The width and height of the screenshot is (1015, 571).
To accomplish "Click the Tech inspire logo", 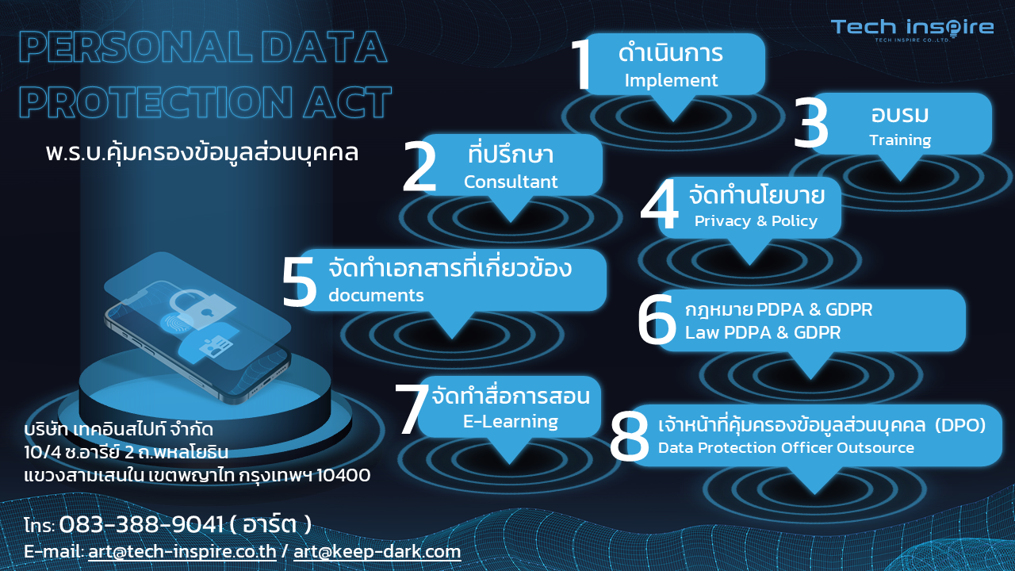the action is pyautogui.click(x=912, y=30).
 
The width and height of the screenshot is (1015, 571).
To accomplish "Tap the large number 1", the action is pyautogui.click(x=581, y=64).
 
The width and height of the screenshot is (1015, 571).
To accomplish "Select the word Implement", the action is pyautogui.click(x=671, y=81).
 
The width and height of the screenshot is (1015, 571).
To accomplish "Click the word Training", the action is pyautogui.click(x=900, y=140).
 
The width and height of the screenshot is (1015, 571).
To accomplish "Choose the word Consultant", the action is pyautogui.click(x=510, y=182).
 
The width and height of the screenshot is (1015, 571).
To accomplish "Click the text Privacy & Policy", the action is pyautogui.click(x=756, y=221).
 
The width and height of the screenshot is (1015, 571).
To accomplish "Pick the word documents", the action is pyautogui.click(x=376, y=296).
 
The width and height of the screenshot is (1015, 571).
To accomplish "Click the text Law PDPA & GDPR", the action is pyautogui.click(x=763, y=332).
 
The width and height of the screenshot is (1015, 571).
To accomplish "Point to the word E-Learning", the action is pyautogui.click(x=510, y=422).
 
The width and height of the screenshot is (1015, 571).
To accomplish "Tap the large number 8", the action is pyautogui.click(x=629, y=436).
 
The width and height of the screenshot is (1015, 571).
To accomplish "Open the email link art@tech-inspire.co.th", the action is pyautogui.click(x=182, y=552).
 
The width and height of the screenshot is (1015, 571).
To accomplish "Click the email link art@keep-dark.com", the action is pyautogui.click(x=377, y=552).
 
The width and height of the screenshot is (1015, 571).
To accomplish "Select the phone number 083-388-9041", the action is pyautogui.click(x=141, y=525).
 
